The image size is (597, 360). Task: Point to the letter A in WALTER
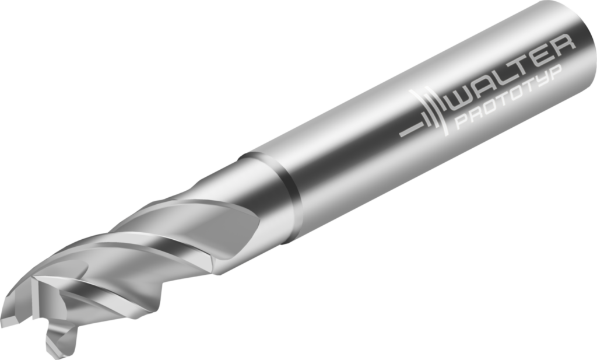coord(487,87)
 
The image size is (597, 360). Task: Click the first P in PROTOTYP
coord(461,122)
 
